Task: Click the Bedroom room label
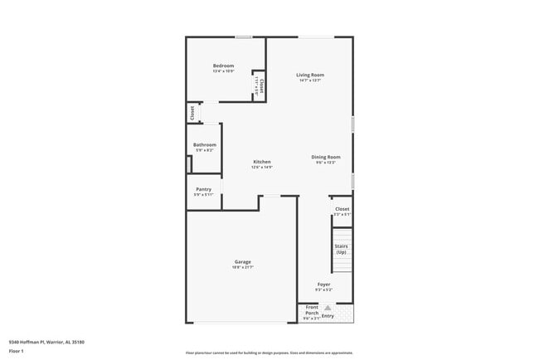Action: pyautogui.click(x=223, y=66)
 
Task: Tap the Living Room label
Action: pyautogui.click(x=310, y=75)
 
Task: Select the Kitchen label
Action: pyautogui.click(x=262, y=161)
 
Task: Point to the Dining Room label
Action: pyautogui.click(x=326, y=157)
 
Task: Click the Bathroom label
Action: pyautogui.click(x=205, y=144)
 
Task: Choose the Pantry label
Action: pyautogui.click(x=204, y=188)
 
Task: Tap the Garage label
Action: pyautogui.click(x=242, y=262)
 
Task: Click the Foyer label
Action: pyautogui.click(x=323, y=284)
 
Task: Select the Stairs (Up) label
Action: pyautogui.click(x=341, y=249)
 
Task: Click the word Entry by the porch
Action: pyautogui.click(x=328, y=315)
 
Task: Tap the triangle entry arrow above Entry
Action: pyautogui.click(x=328, y=307)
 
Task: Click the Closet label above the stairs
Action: pyautogui.click(x=342, y=209)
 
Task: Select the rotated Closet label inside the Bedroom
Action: pyautogui.click(x=261, y=85)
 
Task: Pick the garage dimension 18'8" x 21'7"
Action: pyautogui.click(x=242, y=268)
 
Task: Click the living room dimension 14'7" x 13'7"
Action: pyautogui.click(x=310, y=80)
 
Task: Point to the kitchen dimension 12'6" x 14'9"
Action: pyautogui.click(x=262, y=167)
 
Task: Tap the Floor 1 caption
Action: pyautogui.click(x=17, y=350)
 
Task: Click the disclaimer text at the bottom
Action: pyautogui.click(x=269, y=353)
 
